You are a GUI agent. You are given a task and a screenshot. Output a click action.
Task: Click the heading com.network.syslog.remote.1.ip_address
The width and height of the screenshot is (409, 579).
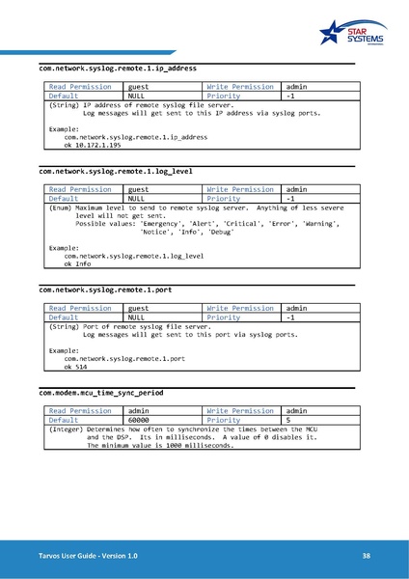pos(118,69)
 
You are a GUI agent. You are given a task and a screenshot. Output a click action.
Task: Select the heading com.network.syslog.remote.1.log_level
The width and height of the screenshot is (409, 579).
pos(116,172)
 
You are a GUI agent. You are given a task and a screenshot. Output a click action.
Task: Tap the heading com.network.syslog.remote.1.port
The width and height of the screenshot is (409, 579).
pos(105,289)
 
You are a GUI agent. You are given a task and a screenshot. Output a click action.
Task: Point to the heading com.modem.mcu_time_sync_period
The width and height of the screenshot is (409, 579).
pos(101,394)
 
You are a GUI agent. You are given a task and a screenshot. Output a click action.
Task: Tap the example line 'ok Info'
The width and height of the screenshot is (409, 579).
pos(77,263)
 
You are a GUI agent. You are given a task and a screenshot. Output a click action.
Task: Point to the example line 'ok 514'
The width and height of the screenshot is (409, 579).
pos(76,367)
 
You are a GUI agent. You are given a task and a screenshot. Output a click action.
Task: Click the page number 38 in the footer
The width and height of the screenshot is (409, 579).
pos(367,557)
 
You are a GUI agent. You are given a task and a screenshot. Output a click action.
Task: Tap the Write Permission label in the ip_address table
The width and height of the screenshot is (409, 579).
pos(240,87)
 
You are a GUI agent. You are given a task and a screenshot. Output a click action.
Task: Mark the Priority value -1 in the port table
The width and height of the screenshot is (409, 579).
pos(291,317)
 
